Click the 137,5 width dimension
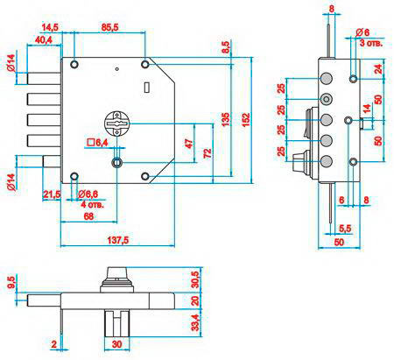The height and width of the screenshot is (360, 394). [x=118, y=240]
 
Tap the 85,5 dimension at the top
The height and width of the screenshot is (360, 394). [x=109, y=27]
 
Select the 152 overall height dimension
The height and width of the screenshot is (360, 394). [x=246, y=119]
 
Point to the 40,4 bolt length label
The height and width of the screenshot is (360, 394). [x=44, y=39]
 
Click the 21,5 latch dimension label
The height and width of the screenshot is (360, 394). [x=52, y=194]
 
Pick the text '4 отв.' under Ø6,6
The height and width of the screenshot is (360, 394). [x=92, y=204]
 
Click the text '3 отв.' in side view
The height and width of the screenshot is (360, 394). [x=371, y=43]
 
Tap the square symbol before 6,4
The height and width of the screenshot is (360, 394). [x=91, y=143]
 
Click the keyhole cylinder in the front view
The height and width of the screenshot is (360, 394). [x=116, y=124]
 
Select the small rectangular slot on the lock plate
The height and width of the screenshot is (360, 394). [x=147, y=87]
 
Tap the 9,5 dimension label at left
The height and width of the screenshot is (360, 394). [x=11, y=282]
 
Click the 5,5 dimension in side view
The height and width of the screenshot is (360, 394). [x=345, y=229]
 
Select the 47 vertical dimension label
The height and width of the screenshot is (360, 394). [x=189, y=144]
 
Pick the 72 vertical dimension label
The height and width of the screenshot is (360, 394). [x=207, y=153]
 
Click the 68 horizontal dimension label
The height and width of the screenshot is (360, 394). [x=88, y=216]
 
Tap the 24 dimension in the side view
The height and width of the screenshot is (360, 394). [x=377, y=69]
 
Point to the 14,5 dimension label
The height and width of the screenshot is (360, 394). [x=50, y=27]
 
